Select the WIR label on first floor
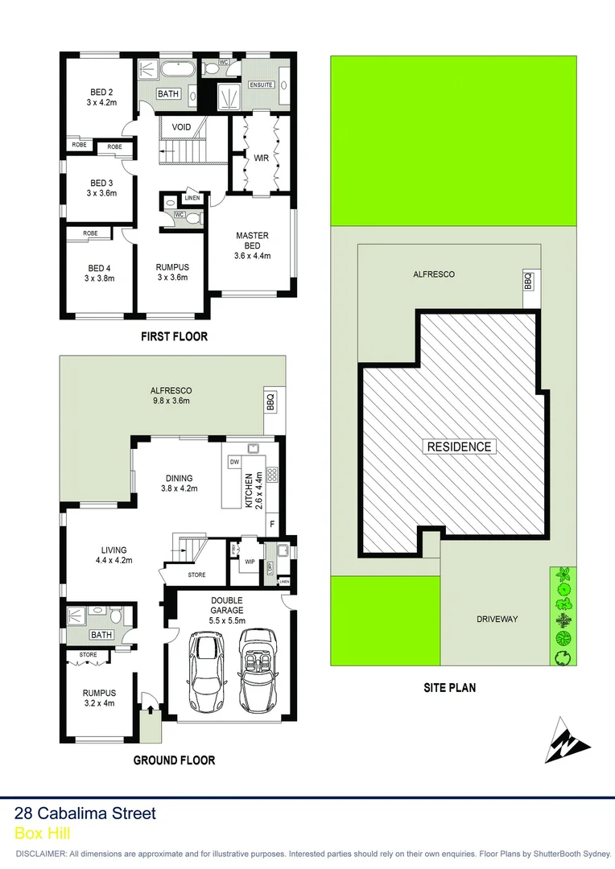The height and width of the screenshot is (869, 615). tap(261, 158)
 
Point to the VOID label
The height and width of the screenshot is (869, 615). tap(181, 127)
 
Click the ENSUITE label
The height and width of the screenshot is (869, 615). tap(261, 84)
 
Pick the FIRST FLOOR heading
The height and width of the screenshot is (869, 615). tap(174, 336)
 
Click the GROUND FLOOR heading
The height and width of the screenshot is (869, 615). tap(174, 760)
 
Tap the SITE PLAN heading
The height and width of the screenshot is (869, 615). tap(450, 687)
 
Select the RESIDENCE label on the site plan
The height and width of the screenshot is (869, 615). tap(458, 447)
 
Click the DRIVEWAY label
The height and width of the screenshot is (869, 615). tap(497, 619)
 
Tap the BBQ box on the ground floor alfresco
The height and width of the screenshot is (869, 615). tap(270, 402)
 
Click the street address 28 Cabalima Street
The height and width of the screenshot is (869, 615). tap(85, 813)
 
